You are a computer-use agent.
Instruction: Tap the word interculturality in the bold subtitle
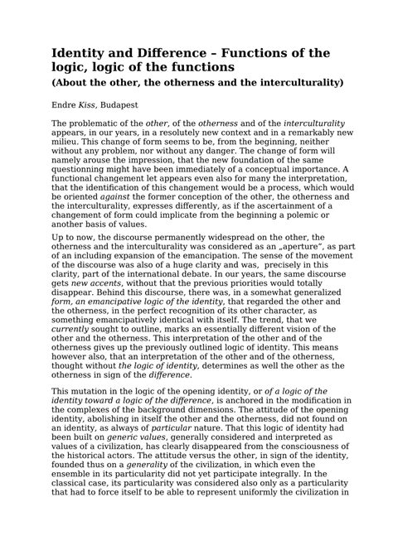tap(288, 84)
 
